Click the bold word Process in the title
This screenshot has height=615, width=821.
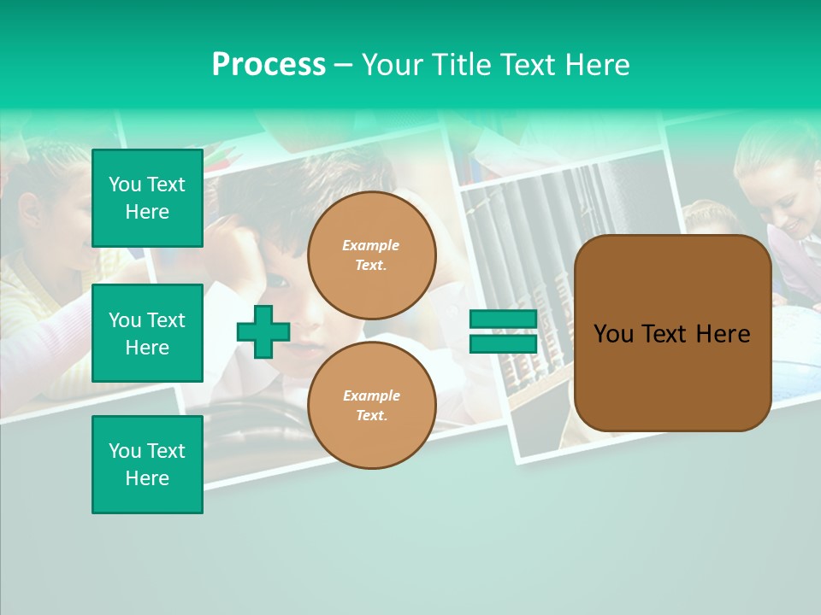(269, 65)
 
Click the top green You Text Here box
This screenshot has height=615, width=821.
(147, 198)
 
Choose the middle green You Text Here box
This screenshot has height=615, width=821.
(147, 333)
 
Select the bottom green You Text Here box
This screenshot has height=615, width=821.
(147, 464)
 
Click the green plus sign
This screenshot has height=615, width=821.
(263, 331)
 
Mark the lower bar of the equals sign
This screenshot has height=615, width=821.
(503, 343)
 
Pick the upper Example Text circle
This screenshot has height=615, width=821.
(371, 255)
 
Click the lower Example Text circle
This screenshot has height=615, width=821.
(371, 405)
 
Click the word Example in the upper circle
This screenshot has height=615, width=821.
(371, 245)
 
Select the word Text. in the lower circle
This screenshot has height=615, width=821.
(371, 415)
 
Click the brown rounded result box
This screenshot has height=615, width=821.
(672, 332)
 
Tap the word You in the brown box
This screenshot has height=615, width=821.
(612, 334)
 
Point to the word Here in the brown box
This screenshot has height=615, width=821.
(723, 334)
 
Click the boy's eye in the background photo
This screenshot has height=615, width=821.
(280, 279)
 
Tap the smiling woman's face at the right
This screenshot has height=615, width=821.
(791, 205)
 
